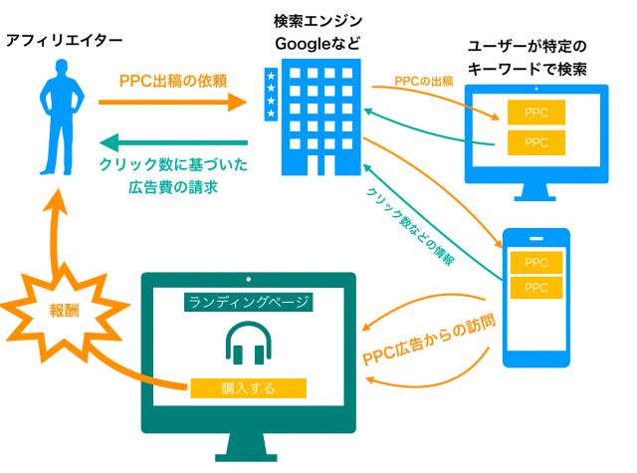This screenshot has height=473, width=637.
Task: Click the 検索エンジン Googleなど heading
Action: pos(318,31)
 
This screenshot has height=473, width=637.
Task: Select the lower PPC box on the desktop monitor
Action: pos(536,142)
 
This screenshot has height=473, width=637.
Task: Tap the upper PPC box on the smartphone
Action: pos(536,263)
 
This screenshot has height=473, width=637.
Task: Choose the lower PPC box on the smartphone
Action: pos(536,288)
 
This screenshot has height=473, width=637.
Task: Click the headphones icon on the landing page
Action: pos(245,344)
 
